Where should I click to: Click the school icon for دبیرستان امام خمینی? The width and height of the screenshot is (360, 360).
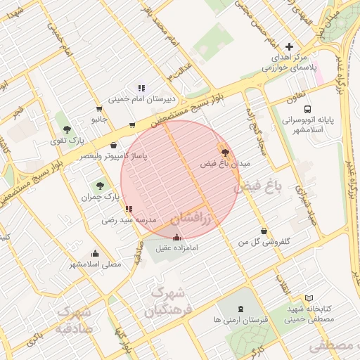pyautogui.click(x=141, y=88)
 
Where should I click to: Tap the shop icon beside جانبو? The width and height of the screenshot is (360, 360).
pyautogui.click(x=98, y=108)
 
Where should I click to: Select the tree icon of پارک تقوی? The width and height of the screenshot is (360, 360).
pyautogui.click(x=67, y=129)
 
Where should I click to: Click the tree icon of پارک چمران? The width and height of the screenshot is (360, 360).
pyautogui.click(x=99, y=186)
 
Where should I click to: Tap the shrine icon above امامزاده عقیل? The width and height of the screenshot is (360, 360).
pyautogui.click(x=176, y=238)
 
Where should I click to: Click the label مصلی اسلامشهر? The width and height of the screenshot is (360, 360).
pyautogui.click(x=96, y=264)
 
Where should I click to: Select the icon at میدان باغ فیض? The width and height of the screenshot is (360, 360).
pyautogui.click(x=225, y=151)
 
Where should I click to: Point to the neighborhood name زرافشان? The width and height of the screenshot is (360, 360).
pyautogui.click(x=191, y=218)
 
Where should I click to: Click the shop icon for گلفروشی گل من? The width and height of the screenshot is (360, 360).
pyautogui.click(x=264, y=231)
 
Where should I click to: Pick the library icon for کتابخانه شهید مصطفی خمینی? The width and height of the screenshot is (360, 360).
pyautogui.click(x=309, y=299)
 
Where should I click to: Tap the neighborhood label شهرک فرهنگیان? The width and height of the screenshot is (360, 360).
pyautogui.click(x=166, y=300)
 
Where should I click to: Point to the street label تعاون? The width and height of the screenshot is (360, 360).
pyautogui.click(x=295, y=100)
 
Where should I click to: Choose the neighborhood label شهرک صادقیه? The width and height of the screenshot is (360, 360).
pyautogui.click(x=73, y=319)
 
